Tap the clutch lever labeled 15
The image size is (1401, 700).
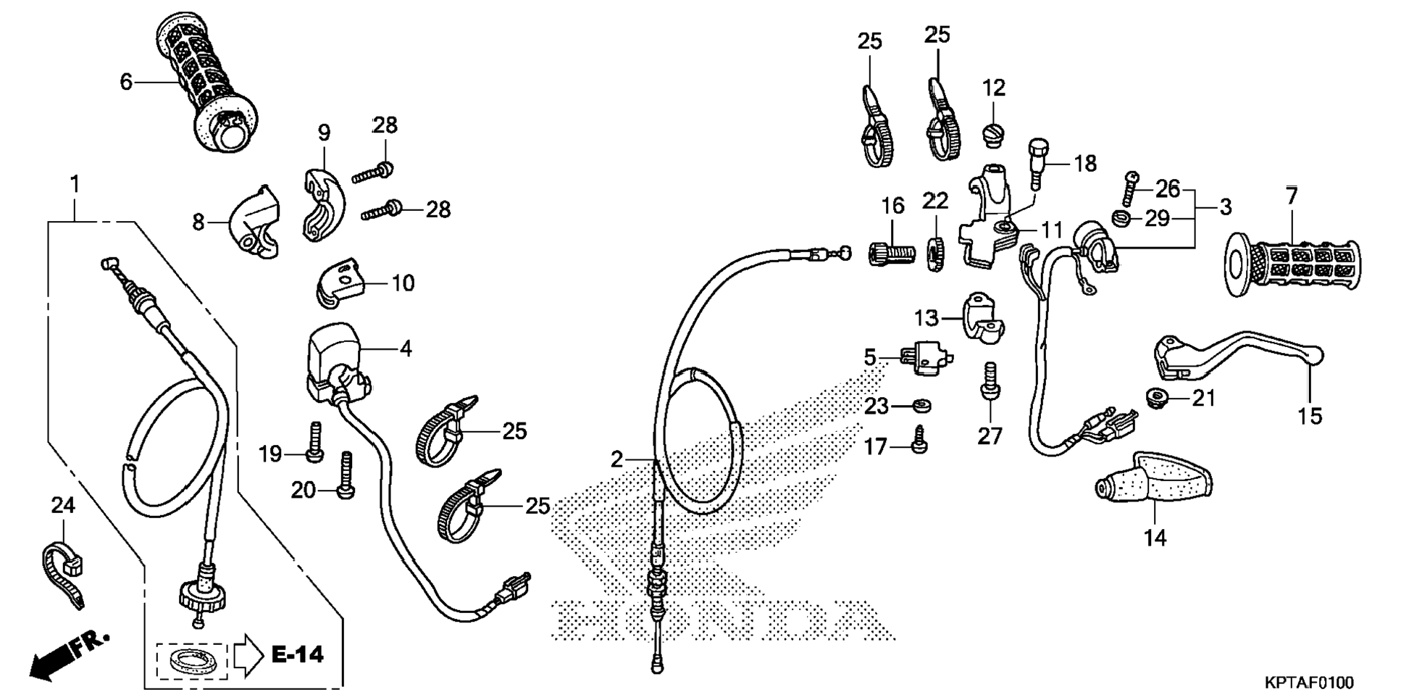point(1231,354)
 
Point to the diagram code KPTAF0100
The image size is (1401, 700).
point(1308,683)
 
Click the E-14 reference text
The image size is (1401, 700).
point(297,655)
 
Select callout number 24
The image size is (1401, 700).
point(63,504)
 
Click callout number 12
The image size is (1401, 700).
point(994,88)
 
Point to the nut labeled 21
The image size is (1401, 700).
point(1156,397)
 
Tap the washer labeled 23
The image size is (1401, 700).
point(921,406)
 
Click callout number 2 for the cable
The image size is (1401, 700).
point(616,459)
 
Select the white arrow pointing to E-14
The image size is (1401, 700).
point(248,654)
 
